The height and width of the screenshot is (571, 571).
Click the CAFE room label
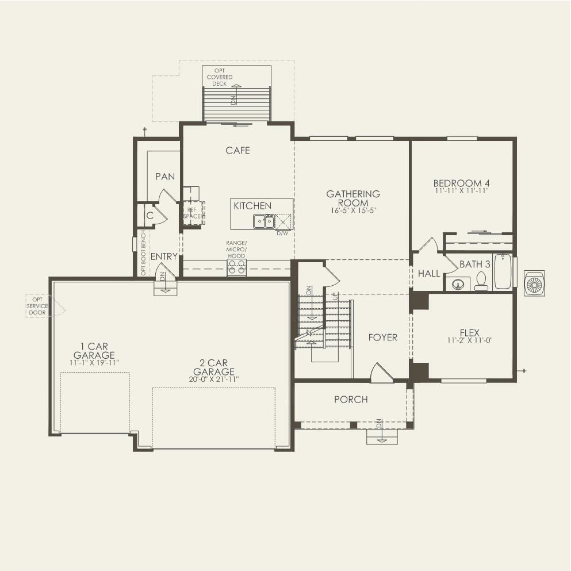[237, 151]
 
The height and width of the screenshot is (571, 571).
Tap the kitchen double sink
[263, 221]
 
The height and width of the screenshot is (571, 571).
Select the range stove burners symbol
[237, 266]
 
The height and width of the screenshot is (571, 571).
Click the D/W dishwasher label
[282, 233]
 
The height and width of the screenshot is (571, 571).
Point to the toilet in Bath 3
[481, 281]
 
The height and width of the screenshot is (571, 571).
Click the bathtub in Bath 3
[503, 271]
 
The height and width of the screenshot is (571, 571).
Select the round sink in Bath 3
[458, 283]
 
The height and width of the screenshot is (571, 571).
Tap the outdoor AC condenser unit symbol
[534, 283]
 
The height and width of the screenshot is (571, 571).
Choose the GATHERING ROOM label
[352, 198]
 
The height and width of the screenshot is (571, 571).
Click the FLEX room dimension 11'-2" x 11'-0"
[469, 340]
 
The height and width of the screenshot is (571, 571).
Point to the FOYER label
[382, 338]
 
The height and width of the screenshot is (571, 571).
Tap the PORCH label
[351, 400]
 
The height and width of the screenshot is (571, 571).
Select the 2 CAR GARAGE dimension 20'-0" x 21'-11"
[210, 379]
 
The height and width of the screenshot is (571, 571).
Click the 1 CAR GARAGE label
[94, 351]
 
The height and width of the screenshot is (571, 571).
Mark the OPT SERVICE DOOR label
[38, 306]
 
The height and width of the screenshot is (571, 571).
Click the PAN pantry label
[165, 177]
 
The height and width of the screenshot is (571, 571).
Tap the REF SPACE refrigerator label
[191, 213]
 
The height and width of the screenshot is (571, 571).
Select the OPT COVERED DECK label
[220, 76]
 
